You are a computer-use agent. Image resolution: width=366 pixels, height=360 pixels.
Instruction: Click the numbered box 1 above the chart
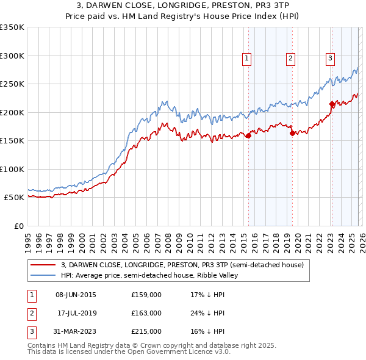pos(247,59)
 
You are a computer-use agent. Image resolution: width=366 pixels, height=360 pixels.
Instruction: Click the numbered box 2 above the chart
pos(290,59)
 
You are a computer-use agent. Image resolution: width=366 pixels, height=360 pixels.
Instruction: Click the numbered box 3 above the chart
pos(330,59)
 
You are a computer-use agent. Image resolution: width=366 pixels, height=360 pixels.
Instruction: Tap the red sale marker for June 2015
pos(248,136)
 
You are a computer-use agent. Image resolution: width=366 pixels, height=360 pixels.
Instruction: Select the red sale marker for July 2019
pos(292,133)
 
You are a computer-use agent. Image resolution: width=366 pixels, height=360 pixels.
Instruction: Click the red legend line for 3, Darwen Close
pos(43,265)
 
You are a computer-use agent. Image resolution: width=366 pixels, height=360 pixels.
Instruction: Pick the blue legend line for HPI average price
pos(43,275)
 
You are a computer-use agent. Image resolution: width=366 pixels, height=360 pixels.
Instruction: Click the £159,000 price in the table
pos(146,295)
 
